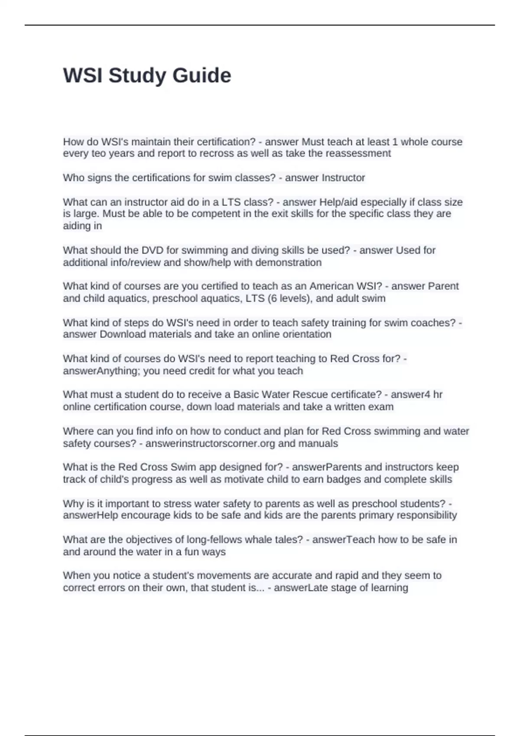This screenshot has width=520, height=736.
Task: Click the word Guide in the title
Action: pos(202,76)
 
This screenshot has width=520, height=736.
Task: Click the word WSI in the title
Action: pos(83,76)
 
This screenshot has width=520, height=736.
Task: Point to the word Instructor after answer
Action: pos(343,178)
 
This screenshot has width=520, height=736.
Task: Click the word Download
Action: pos(123,334)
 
